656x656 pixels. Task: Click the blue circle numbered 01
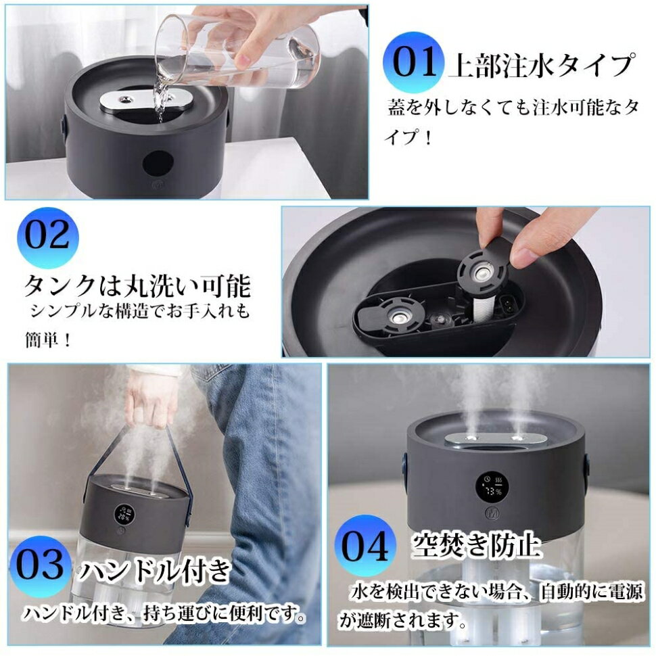coord(414,62)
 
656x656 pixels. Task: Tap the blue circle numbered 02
coord(48,237)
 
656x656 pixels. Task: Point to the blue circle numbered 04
coord(365,546)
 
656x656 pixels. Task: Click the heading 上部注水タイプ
coord(542,66)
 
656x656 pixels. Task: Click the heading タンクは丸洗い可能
coord(138,286)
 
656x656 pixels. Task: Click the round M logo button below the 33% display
coord(491,513)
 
